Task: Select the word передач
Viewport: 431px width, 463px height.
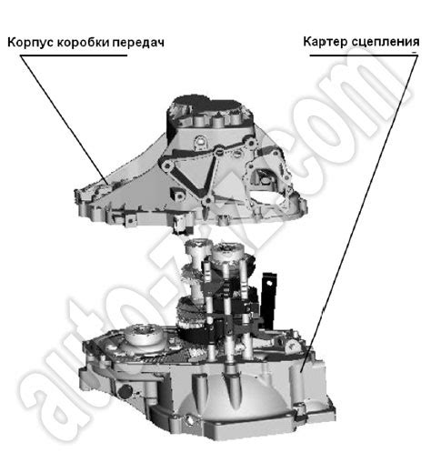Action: (x=138, y=43)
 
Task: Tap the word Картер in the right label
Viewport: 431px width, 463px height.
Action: (x=326, y=42)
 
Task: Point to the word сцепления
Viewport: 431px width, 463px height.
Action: (x=386, y=42)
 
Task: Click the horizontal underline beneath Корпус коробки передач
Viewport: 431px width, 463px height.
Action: (x=74, y=55)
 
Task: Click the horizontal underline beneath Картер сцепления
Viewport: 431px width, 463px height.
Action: (x=364, y=55)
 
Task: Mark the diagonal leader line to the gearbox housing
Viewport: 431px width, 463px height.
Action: (x=65, y=120)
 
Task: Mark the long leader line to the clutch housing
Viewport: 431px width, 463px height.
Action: (x=359, y=214)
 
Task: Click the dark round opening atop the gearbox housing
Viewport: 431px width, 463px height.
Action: (x=212, y=106)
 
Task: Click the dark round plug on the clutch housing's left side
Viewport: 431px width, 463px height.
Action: (x=125, y=392)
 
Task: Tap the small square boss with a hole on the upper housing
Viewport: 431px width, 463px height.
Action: (x=177, y=194)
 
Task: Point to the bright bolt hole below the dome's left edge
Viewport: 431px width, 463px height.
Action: (x=189, y=419)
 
